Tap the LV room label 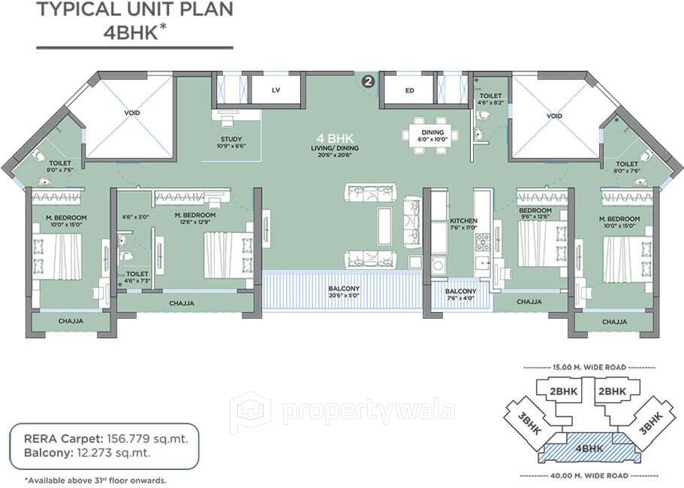tap(276, 90)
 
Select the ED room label tap(409, 90)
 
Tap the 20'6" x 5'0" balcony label tap(343, 292)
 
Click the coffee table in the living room tap(384, 226)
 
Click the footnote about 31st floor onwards tap(95, 480)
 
